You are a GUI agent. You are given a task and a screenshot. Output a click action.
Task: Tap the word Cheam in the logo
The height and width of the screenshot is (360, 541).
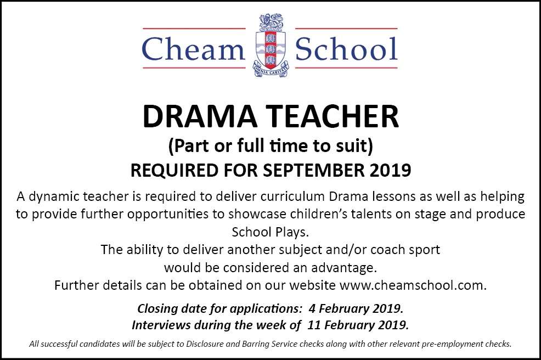193,49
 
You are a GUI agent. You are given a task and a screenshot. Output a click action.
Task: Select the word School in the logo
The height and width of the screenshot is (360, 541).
346,49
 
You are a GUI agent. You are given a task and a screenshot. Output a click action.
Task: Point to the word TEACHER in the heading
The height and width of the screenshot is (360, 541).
334,116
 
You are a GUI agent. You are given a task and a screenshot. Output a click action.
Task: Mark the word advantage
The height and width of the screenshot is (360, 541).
343,268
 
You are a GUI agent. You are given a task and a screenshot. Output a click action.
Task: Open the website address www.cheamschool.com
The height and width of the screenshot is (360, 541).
413,285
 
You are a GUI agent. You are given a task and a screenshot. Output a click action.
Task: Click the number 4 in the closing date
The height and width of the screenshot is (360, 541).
312,308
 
